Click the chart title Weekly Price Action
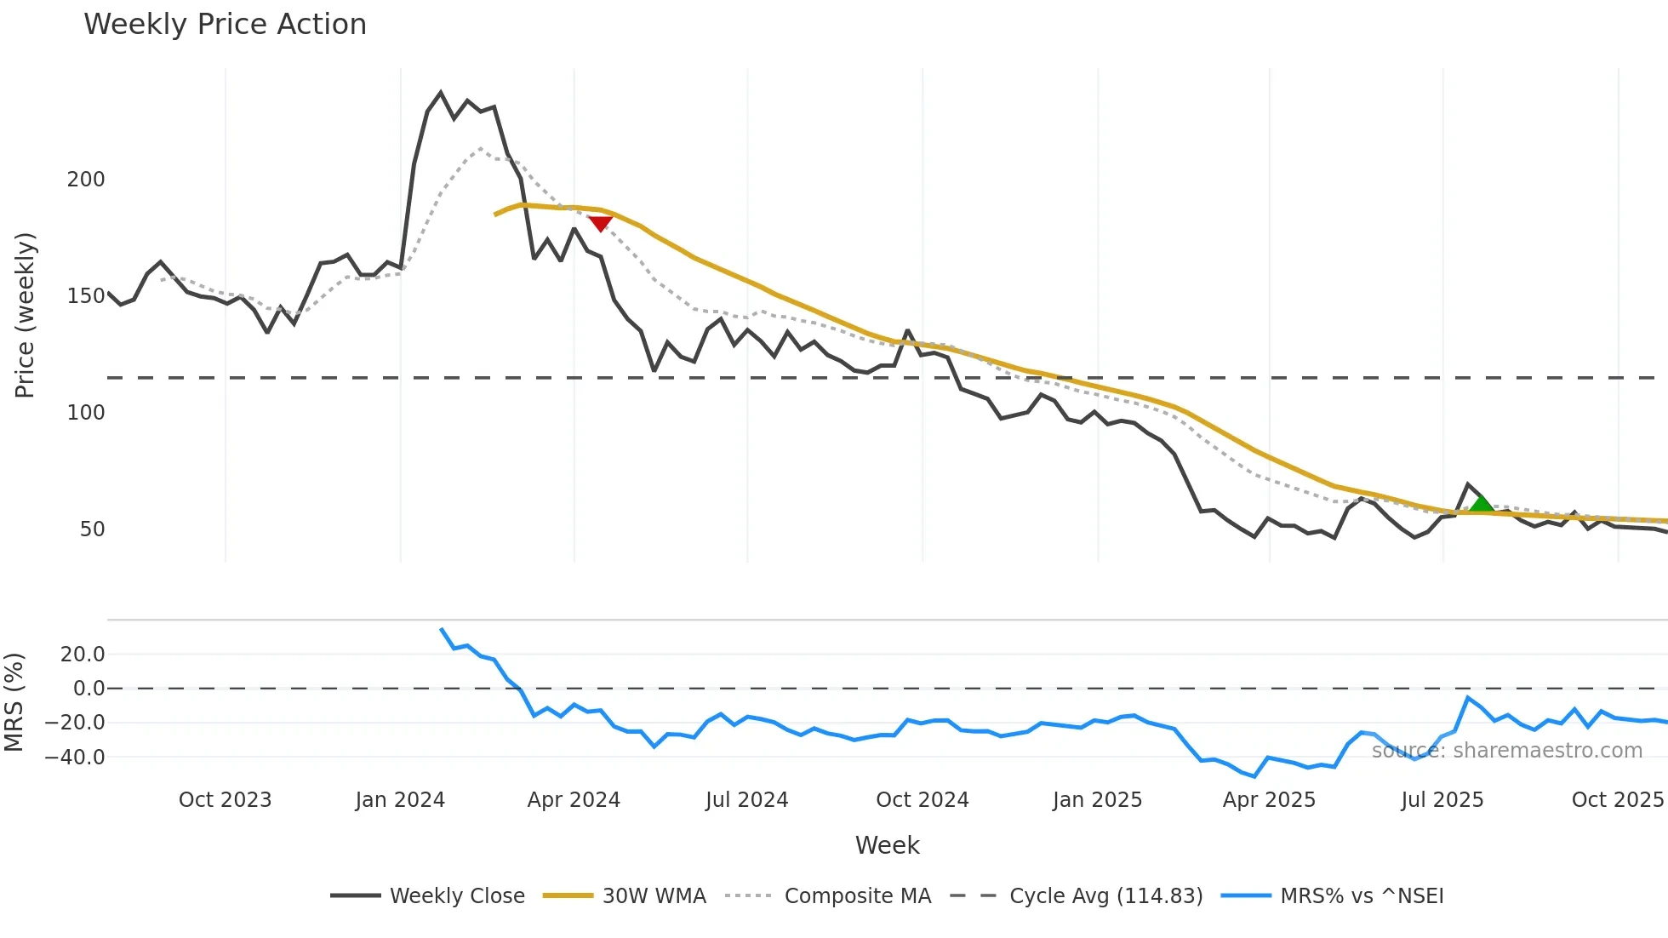click(x=225, y=25)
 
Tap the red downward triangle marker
click(x=600, y=224)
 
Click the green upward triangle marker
click(x=1482, y=503)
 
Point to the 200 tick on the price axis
click(x=86, y=180)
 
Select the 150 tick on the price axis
click(x=86, y=296)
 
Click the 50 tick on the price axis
click(x=92, y=529)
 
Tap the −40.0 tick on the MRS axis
click(x=75, y=758)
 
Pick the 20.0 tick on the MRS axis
click(x=82, y=655)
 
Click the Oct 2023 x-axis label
click(x=225, y=800)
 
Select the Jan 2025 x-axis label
click(x=1097, y=800)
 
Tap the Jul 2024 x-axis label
click(x=746, y=800)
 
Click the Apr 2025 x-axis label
click(x=1269, y=800)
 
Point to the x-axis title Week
click(x=887, y=845)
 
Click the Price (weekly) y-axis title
click(x=25, y=315)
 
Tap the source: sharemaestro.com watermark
click(x=1506, y=751)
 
